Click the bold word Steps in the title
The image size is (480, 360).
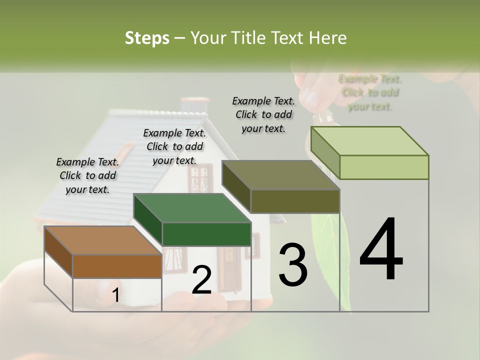[x=146, y=38]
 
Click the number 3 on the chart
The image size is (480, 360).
[x=292, y=264]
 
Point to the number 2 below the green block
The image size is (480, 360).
[x=201, y=280]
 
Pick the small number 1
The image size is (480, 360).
[x=115, y=295]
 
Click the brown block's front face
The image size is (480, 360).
[x=117, y=266]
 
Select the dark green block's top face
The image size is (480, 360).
[x=192, y=207]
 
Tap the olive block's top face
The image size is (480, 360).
[x=280, y=175]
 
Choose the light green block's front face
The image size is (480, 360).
[x=383, y=167]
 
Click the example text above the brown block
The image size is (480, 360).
[x=87, y=175]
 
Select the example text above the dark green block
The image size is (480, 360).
[x=174, y=146]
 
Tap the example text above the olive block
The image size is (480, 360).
[x=263, y=114]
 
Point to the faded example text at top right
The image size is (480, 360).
[x=370, y=92]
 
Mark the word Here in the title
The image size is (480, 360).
[x=328, y=38]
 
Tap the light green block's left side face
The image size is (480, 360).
[x=325, y=152]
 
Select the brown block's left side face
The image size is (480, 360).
[x=58, y=251]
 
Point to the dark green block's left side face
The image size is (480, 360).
[x=147, y=219]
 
